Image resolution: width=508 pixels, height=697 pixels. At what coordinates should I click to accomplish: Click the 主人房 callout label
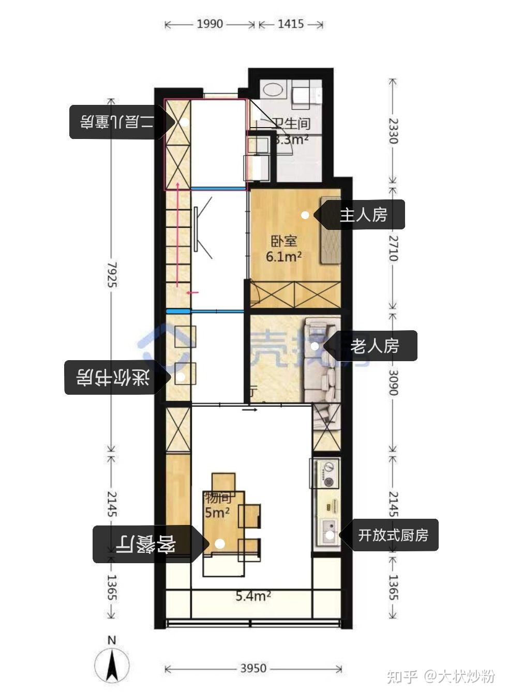click(363, 215)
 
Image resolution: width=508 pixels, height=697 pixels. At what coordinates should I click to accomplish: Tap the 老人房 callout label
click(375, 346)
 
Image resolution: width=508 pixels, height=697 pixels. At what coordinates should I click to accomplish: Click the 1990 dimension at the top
click(210, 24)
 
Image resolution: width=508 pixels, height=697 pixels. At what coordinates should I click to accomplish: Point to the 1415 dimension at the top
click(291, 24)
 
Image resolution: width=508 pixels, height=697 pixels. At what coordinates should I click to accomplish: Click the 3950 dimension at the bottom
click(253, 669)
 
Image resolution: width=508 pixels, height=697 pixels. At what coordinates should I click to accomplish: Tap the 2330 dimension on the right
click(393, 131)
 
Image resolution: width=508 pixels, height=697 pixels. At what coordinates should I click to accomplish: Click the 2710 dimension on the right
click(393, 248)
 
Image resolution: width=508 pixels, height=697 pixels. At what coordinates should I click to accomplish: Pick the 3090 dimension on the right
click(393, 382)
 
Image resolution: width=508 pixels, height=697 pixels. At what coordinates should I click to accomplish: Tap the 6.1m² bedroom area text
click(284, 256)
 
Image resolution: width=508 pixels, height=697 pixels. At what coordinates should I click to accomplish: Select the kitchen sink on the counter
click(327, 532)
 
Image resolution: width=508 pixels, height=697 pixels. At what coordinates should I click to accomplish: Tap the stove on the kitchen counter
click(326, 473)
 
